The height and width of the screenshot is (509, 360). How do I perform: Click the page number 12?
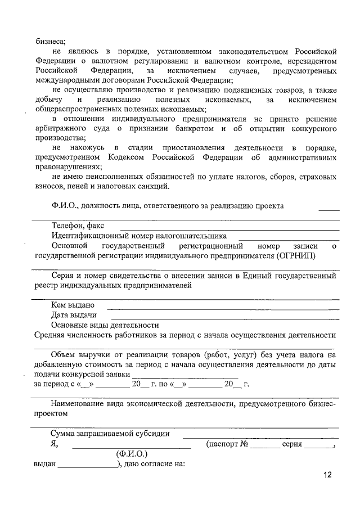click(x=327, y=475)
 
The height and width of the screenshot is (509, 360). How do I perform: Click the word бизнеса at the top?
click(x=50, y=40)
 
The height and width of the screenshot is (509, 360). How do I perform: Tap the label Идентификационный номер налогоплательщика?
click(x=139, y=236)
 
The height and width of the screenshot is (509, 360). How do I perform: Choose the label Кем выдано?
click(x=72, y=305)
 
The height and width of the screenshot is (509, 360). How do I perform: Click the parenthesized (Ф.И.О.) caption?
click(x=132, y=453)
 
